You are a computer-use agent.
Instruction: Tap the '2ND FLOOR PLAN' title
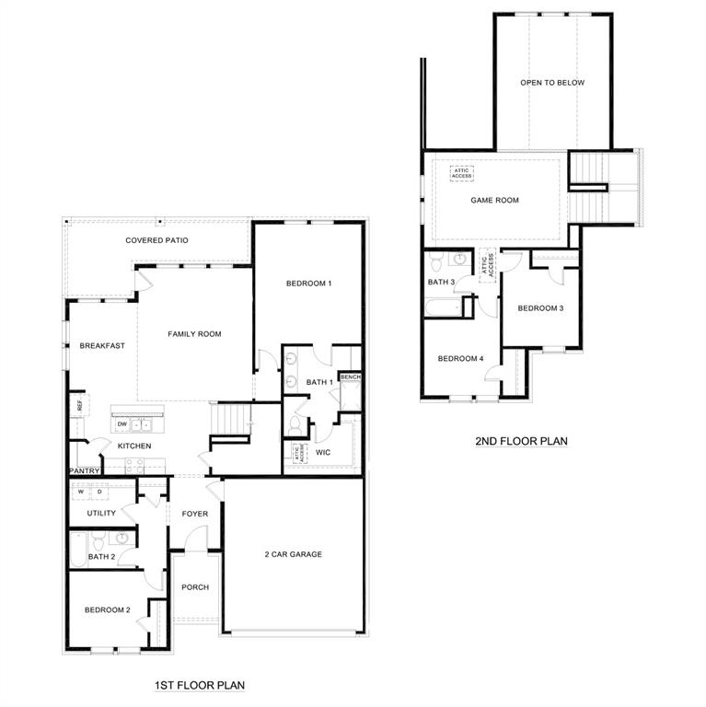coord(521,441)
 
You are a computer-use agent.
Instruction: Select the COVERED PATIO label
coord(156,240)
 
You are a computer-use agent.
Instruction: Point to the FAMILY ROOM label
coord(194,334)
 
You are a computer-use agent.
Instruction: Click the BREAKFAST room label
coord(102,346)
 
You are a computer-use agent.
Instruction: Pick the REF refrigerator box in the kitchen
coord(79,405)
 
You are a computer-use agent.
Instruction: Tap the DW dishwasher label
coord(122,424)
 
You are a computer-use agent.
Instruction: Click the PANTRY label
coord(84,471)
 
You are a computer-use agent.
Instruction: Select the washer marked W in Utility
coord(80,492)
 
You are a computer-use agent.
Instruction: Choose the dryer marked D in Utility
coord(99,492)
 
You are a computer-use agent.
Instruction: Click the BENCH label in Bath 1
coord(350,377)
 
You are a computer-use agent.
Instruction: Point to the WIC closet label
coord(323,452)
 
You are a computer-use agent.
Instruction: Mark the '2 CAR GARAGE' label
coord(293,554)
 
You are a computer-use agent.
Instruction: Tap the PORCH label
coord(194,587)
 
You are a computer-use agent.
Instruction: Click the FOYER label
coord(194,514)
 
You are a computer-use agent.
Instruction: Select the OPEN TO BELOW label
coord(552,83)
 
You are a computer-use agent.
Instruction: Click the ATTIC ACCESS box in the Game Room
coord(461,171)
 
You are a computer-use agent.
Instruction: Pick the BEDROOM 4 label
coord(460,359)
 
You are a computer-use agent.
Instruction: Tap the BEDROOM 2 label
coord(108,609)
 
